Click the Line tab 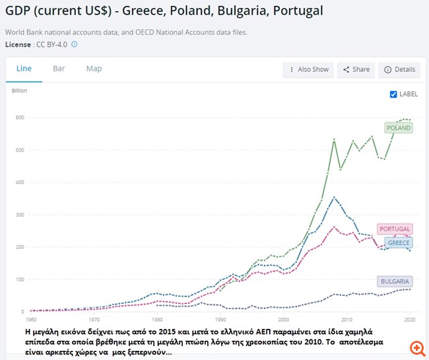[x=24, y=69]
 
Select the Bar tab [x=59, y=69]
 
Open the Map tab [x=94, y=69]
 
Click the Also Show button [x=308, y=69]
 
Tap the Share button [x=356, y=69]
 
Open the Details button [x=399, y=69]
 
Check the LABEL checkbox [x=394, y=94]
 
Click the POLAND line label [x=399, y=127]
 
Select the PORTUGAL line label [x=395, y=229]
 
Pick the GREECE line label [x=399, y=243]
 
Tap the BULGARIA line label [x=395, y=281]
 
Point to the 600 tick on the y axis [x=20, y=118]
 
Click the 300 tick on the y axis [x=20, y=215]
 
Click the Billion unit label [x=20, y=90]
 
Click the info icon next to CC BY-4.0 [x=75, y=44]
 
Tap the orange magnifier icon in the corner [x=416, y=347]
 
